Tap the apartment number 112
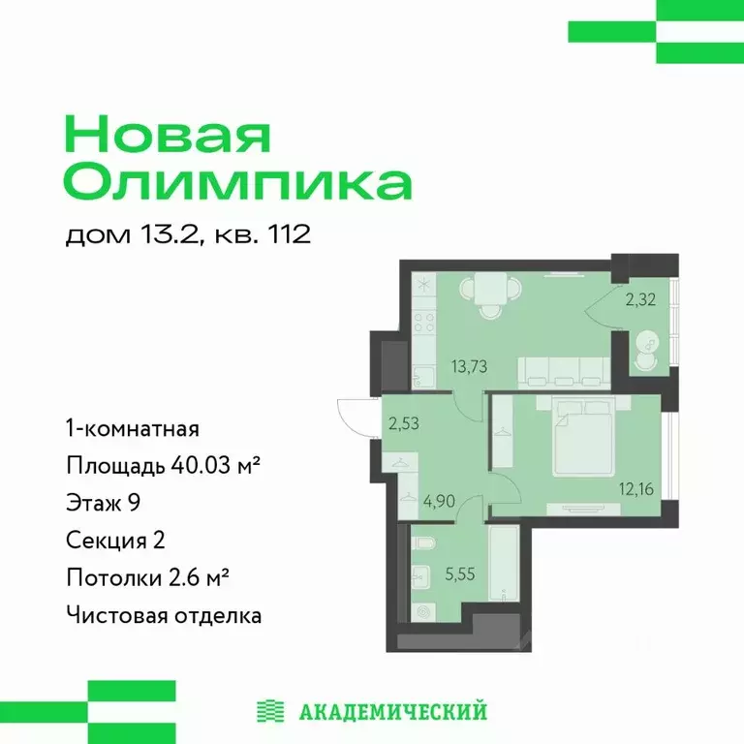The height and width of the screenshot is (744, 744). click(289, 235)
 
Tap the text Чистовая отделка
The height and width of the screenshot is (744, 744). click(164, 615)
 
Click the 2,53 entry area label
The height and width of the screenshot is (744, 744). click(404, 422)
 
